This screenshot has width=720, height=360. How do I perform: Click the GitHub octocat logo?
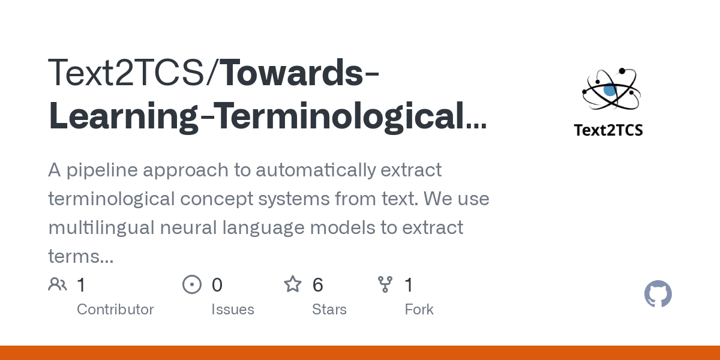[x=658, y=295]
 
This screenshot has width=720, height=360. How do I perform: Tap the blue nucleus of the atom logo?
[x=610, y=91]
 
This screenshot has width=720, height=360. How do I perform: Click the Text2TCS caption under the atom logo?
[x=608, y=130]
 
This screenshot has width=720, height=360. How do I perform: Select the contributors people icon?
[x=58, y=284]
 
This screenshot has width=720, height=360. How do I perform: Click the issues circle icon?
[x=191, y=284]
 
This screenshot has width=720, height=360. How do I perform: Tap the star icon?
[x=293, y=284]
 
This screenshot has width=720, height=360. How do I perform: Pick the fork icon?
[x=385, y=284]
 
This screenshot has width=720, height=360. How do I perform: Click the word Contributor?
[x=115, y=310]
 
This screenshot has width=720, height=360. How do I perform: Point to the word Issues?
[x=233, y=310]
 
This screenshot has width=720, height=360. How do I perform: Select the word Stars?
[x=329, y=310]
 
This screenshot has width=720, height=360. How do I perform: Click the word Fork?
[x=419, y=310]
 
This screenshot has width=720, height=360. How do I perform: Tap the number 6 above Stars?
[x=318, y=285]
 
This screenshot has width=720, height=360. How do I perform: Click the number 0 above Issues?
[x=217, y=285]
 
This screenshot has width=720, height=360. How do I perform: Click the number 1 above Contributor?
[x=82, y=285]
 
